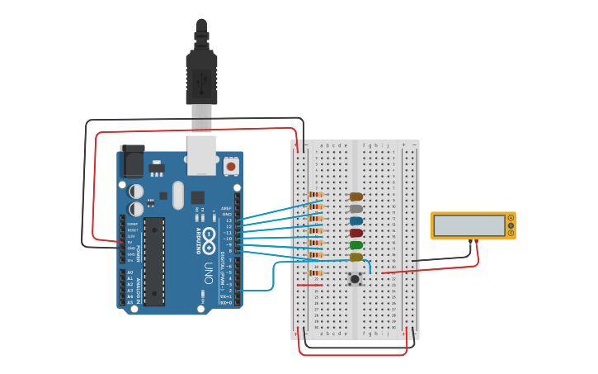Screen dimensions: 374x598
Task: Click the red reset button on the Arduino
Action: coord(230,167)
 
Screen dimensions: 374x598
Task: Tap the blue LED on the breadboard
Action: coord(356,221)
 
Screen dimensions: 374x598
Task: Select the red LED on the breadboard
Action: coord(356,233)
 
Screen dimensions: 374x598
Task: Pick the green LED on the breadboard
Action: coord(356,245)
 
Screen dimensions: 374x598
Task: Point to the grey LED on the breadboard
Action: coord(356,209)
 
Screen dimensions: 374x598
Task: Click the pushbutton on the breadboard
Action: coord(355,279)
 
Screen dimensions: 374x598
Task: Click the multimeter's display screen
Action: coord(469,225)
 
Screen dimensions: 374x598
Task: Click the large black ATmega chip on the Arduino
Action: coord(154,262)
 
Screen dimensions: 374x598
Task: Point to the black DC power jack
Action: coord(131,163)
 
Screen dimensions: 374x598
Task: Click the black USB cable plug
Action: coord(201,74)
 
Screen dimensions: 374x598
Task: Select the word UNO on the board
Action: coord(209,272)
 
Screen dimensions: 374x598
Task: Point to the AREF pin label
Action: coord(226,209)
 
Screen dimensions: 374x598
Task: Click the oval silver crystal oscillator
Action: coord(202,298)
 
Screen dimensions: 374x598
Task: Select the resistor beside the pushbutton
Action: coord(315,272)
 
